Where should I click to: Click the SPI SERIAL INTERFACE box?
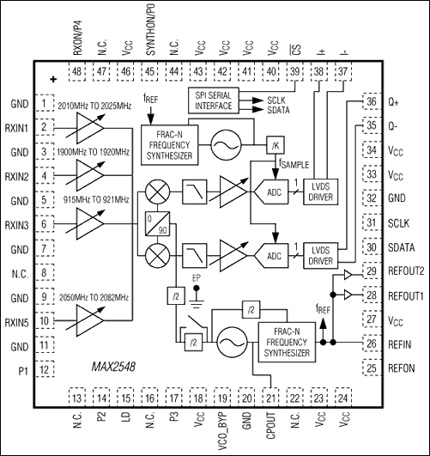[x=214, y=100]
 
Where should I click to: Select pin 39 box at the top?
[x=294, y=71]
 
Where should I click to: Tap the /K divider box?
[x=275, y=145]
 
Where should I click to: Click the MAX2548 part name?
[x=113, y=367]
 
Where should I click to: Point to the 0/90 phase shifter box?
[x=157, y=223]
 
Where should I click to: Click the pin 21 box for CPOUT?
[x=270, y=398]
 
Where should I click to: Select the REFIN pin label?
[x=399, y=344]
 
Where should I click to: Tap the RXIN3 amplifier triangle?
[x=90, y=223]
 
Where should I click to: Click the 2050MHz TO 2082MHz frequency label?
[x=94, y=298]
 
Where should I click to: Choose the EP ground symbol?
[x=197, y=298]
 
